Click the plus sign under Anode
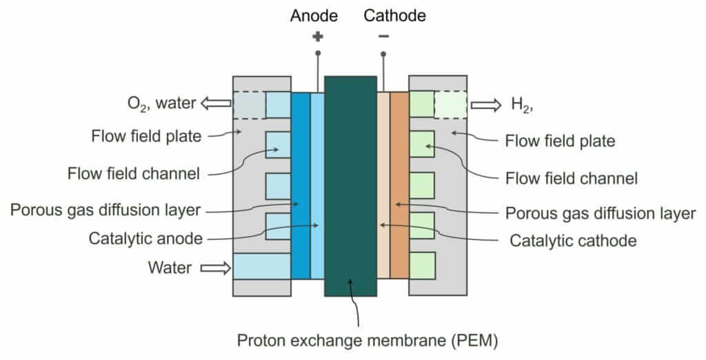coord(317,37)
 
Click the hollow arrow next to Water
coord(216,268)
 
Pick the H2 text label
coord(523,106)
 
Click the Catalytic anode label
coord(145,239)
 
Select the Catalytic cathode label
coord(572,241)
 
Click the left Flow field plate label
coord(146,136)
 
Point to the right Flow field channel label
coord(572,179)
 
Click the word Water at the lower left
coord(170,268)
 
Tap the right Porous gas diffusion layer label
coord(601,212)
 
